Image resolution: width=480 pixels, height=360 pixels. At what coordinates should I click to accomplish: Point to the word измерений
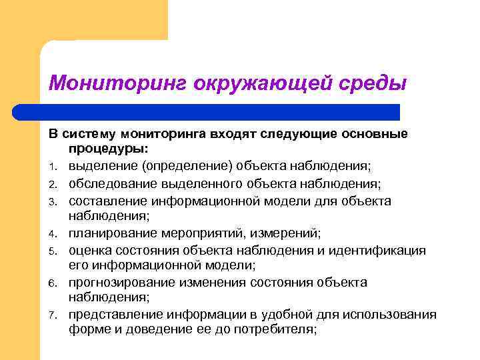[x=288, y=233]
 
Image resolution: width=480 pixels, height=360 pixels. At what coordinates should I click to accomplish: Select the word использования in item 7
[x=392, y=315]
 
